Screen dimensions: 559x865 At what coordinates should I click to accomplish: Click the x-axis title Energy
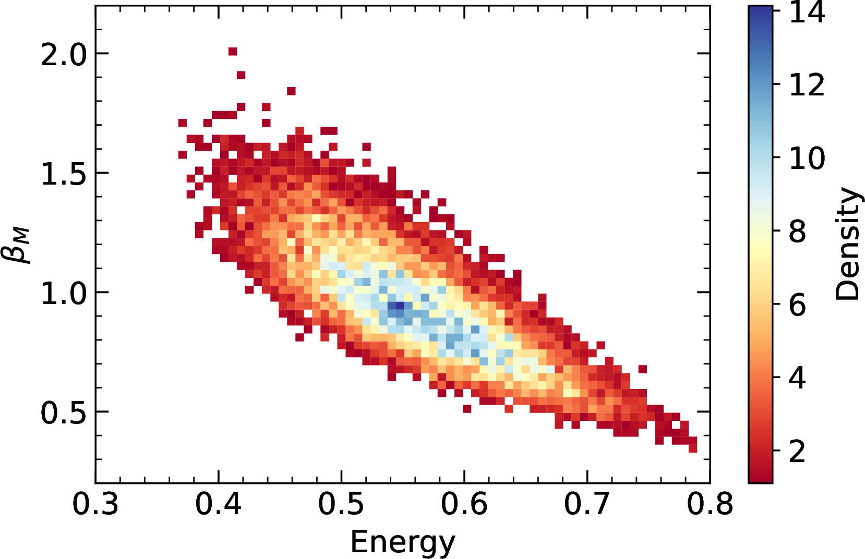coord(403,542)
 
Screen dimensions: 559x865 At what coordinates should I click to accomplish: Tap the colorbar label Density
coord(847,244)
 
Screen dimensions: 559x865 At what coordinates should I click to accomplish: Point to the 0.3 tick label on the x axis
coord(95,504)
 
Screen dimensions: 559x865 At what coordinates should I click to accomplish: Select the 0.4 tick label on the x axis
coord(218,504)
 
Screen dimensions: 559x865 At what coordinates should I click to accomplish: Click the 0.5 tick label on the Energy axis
coord(341,504)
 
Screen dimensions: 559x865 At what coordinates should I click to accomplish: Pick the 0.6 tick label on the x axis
coord(464,504)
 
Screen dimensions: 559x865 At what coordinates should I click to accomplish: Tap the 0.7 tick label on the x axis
coord(587,504)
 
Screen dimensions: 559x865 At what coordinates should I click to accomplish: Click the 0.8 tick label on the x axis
coord(710,504)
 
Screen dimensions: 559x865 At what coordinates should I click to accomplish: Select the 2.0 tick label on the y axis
coord(64,54)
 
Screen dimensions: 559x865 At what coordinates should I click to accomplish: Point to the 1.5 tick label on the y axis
coord(64,174)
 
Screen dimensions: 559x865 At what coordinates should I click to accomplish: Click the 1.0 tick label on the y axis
coord(64,293)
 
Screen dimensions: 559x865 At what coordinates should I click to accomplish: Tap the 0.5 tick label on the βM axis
coord(64,412)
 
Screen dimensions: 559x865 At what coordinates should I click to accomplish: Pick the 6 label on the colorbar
coord(798,305)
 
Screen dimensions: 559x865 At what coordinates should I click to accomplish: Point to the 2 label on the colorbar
coord(798,451)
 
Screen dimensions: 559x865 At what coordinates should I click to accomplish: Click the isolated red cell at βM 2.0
coord(233,52)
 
